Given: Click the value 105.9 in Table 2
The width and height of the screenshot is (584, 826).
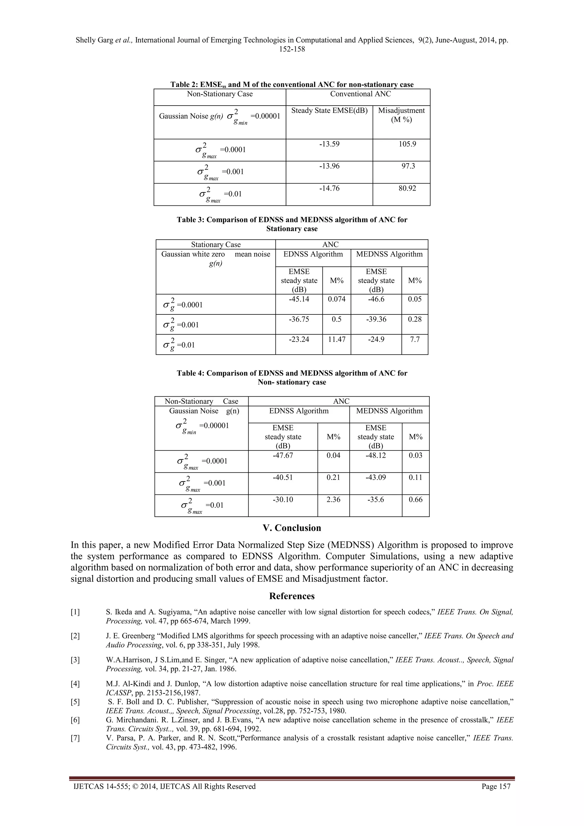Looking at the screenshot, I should point(407,144).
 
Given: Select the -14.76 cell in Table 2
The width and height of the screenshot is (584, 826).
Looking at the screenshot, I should point(329,188).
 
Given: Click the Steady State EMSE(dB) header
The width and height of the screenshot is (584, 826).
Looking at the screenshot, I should point(329,110).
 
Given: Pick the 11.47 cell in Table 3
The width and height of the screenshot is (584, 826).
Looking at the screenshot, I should point(336,339).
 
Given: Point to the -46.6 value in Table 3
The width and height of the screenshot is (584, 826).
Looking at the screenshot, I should point(376,299).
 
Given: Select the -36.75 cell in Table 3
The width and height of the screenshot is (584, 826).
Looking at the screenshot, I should point(299,319).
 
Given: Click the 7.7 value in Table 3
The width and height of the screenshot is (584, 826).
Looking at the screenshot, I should point(415,339).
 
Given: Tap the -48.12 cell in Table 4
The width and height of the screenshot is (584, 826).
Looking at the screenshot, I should point(376,455).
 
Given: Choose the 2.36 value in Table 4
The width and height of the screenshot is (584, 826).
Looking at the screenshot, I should point(333,499).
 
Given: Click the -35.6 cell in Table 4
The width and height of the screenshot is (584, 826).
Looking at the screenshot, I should point(376,499).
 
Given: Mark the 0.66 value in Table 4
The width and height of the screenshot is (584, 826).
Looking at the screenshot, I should point(415,499).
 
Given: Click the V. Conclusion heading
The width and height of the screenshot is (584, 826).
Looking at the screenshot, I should point(292,528).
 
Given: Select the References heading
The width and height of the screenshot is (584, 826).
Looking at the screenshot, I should point(292,596).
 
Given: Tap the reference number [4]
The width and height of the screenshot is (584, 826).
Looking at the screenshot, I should point(75,684).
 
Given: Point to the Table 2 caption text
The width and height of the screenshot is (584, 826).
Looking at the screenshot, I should point(292,84).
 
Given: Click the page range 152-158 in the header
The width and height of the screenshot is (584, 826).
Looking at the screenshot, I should point(292,49).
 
